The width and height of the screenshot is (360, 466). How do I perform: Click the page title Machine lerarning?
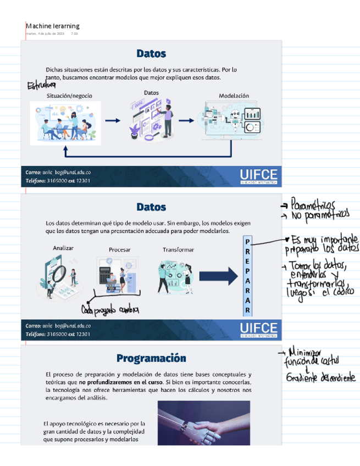point(53,26)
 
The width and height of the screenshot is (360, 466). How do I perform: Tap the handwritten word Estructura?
point(42,86)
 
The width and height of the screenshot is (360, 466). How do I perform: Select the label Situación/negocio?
point(69,96)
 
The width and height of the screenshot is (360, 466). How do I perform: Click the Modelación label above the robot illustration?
point(234,96)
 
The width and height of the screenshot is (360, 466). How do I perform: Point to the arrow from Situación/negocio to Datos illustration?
point(112,121)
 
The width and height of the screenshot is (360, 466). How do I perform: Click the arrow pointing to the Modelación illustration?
point(187,121)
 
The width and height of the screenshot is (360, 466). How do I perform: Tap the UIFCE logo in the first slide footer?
point(258,176)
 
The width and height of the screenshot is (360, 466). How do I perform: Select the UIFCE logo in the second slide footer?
point(258,330)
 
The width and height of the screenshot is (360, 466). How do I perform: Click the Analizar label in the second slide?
point(63,248)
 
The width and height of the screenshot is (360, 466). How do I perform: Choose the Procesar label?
point(119,250)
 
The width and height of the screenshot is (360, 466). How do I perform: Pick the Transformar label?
point(178,250)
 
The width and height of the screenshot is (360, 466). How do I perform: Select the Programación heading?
point(151,358)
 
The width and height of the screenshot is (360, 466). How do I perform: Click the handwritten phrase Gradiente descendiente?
point(320,378)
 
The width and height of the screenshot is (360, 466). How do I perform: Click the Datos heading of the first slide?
point(151,54)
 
